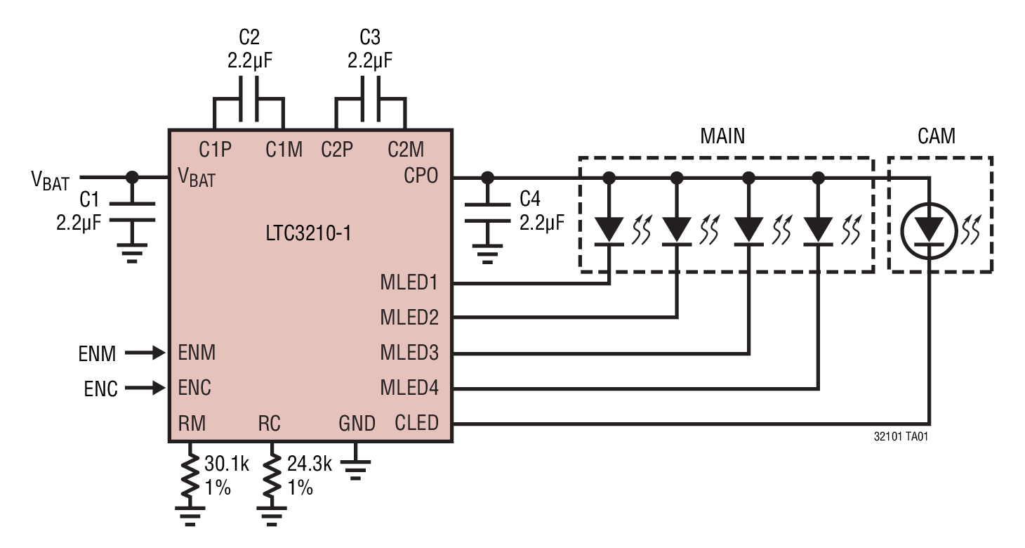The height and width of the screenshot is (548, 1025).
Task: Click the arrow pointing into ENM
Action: click(149, 353)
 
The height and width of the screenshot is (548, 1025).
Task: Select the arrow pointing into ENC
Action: click(149, 387)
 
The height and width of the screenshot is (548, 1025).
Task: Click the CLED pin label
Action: click(416, 423)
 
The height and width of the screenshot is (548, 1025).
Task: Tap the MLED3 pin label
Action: click(409, 352)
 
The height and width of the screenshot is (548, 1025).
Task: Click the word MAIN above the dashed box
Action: click(722, 136)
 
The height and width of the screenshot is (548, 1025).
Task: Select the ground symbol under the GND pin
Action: click(356, 465)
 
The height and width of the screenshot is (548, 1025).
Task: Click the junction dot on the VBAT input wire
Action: click(131, 177)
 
